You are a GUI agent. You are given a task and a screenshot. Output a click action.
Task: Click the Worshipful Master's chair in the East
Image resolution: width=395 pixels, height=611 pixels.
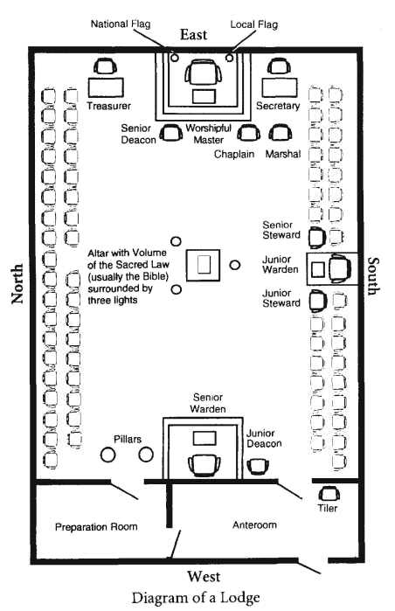pyautogui.click(x=204, y=72)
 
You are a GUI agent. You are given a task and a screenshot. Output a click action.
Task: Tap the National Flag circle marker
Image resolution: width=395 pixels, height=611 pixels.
pyautogui.click(x=175, y=58)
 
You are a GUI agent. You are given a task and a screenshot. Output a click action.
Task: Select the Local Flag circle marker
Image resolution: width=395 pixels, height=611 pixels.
pyautogui.click(x=230, y=58)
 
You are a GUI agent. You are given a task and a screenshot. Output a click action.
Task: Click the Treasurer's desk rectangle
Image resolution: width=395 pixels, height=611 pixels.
pyautogui.click(x=106, y=87)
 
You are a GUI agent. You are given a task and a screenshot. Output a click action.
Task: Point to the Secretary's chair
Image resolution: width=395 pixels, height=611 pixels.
pyautogui.click(x=279, y=66)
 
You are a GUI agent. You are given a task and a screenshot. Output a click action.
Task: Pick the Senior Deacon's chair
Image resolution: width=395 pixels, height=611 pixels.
pyautogui.click(x=171, y=133)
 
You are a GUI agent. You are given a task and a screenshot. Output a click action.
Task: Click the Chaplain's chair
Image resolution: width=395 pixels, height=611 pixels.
pyautogui.click(x=249, y=133)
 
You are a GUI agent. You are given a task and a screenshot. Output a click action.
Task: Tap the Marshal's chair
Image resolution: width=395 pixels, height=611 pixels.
pyautogui.click(x=281, y=133)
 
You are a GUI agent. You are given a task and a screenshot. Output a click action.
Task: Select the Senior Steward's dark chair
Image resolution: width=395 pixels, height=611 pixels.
pyautogui.click(x=318, y=238)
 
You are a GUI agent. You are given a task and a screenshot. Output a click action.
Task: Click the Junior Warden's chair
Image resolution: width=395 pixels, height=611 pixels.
pyautogui.click(x=340, y=269)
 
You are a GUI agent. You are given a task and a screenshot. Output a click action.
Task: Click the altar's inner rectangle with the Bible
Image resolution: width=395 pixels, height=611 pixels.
pyautogui.click(x=204, y=265)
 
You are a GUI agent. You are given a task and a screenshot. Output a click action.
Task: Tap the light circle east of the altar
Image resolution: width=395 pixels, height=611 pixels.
pyautogui.click(x=234, y=265)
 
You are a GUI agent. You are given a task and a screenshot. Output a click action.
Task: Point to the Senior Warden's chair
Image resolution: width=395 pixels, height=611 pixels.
pyautogui.click(x=204, y=465)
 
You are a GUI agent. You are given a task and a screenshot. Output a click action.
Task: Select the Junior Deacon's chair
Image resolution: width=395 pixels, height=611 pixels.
pyautogui.click(x=258, y=466)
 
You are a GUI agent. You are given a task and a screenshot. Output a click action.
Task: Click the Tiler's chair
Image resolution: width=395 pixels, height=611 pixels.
pyautogui.click(x=329, y=494)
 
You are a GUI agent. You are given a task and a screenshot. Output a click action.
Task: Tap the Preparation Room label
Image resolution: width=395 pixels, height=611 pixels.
pyautogui.click(x=96, y=527)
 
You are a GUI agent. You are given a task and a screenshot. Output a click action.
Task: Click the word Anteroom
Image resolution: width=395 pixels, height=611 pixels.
pyautogui.click(x=255, y=524)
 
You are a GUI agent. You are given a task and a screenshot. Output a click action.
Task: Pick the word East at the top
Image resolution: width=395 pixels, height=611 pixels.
pyautogui.click(x=194, y=35)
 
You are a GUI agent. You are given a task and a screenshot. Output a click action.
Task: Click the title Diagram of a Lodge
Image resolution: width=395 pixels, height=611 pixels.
pyautogui.click(x=196, y=598)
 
